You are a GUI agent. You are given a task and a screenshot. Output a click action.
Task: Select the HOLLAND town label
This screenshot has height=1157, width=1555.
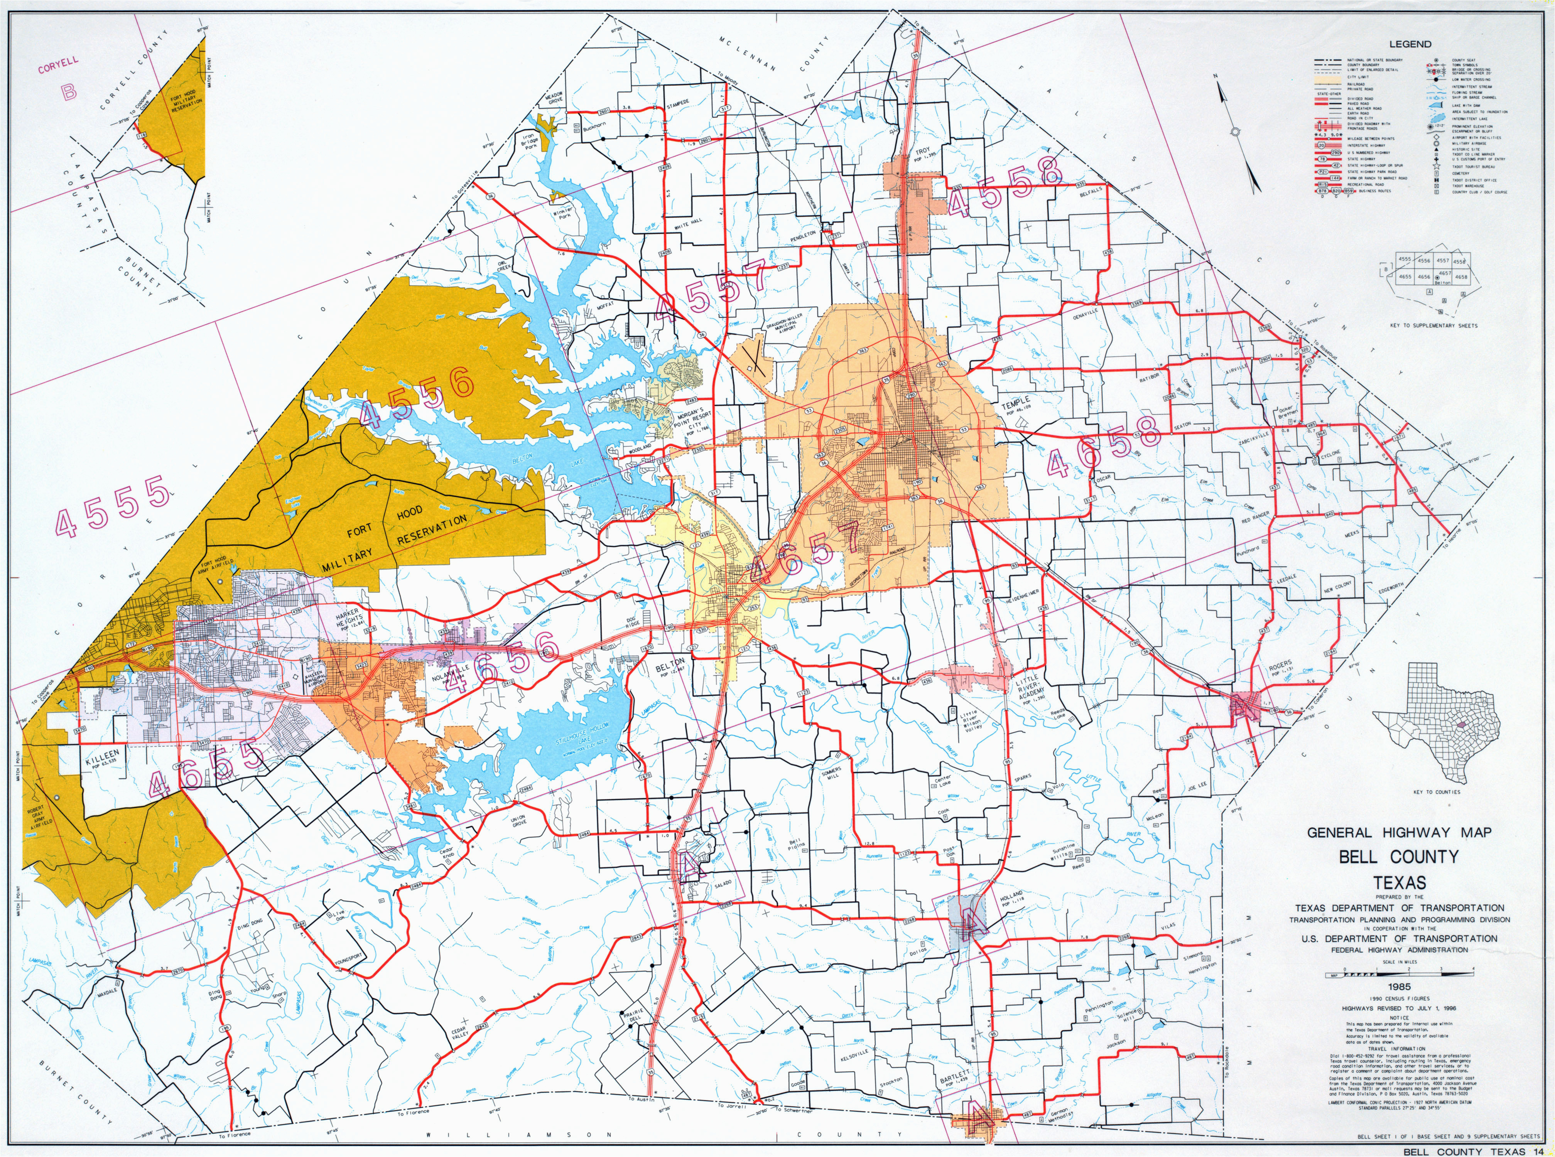[1011, 896]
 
